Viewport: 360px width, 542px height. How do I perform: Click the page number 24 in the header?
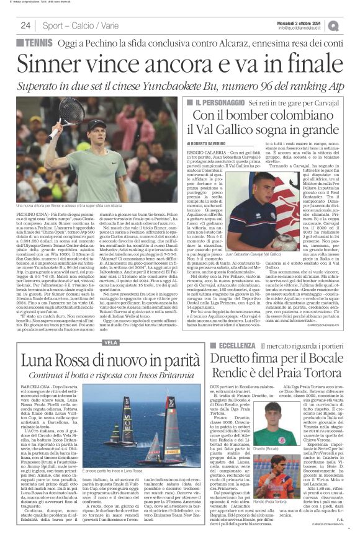25,25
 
